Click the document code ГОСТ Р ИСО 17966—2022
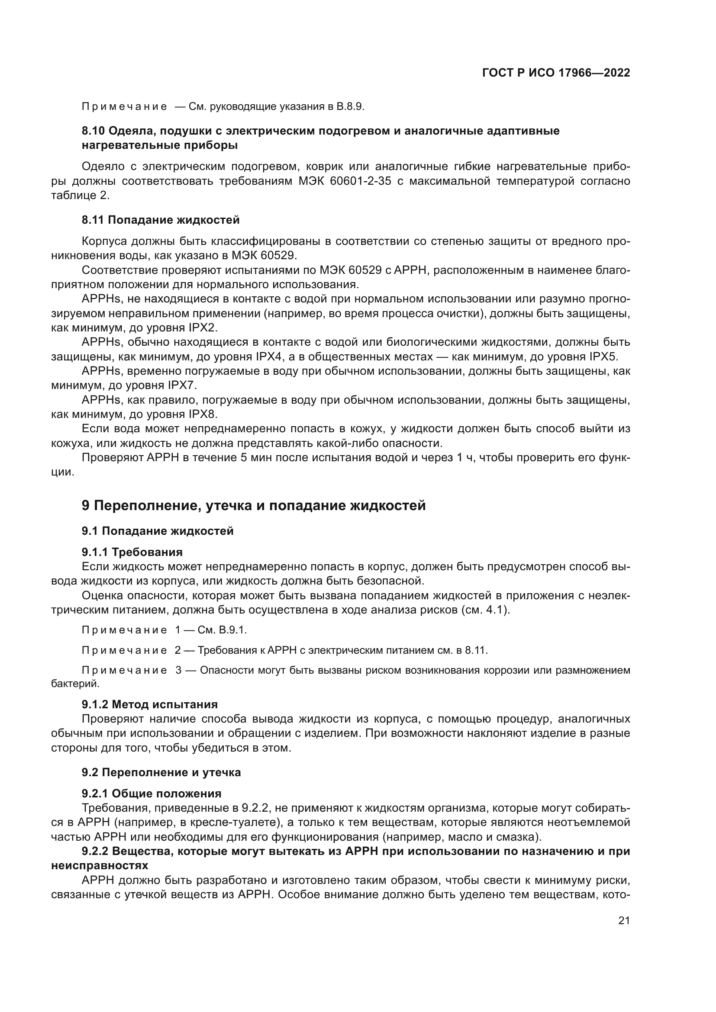pyautogui.click(x=556, y=73)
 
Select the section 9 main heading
pyautogui.click(x=254, y=505)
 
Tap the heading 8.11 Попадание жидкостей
pyautogui.click(x=161, y=219)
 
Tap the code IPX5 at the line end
pyautogui.click(x=603, y=357)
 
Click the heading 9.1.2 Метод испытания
pyautogui.click(x=149, y=704)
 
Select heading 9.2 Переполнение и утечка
pyautogui.click(x=161, y=772)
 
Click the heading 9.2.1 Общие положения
pyautogui.click(x=151, y=794)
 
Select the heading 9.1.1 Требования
pyautogui.click(x=132, y=552)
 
